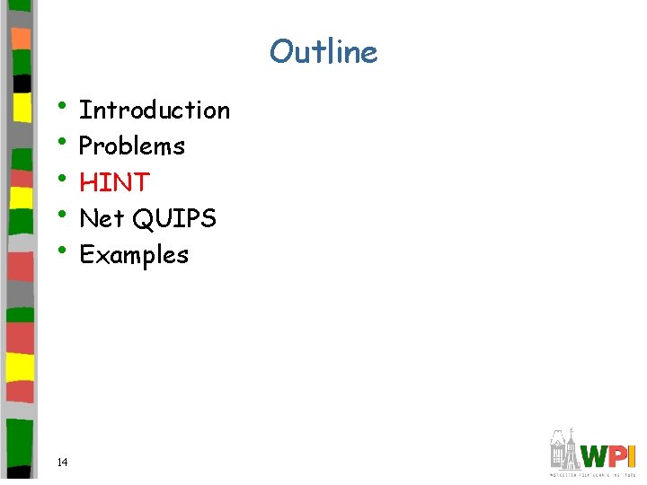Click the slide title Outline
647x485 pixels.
tap(323, 51)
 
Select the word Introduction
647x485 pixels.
tap(155, 110)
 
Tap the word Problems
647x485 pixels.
tap(132, 146)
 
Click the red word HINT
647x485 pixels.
tap(114, 182)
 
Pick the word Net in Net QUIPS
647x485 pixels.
tap(102, 218)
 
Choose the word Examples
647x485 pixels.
tap(134, 255)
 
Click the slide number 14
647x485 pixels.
tap(62, 462)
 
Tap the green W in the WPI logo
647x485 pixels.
tap(596, 455)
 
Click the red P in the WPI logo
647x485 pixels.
tap(619, 455)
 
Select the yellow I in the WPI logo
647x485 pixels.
tap(633, 455)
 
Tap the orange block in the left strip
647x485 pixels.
tap(21, 38)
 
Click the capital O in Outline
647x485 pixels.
tap(281, 52)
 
